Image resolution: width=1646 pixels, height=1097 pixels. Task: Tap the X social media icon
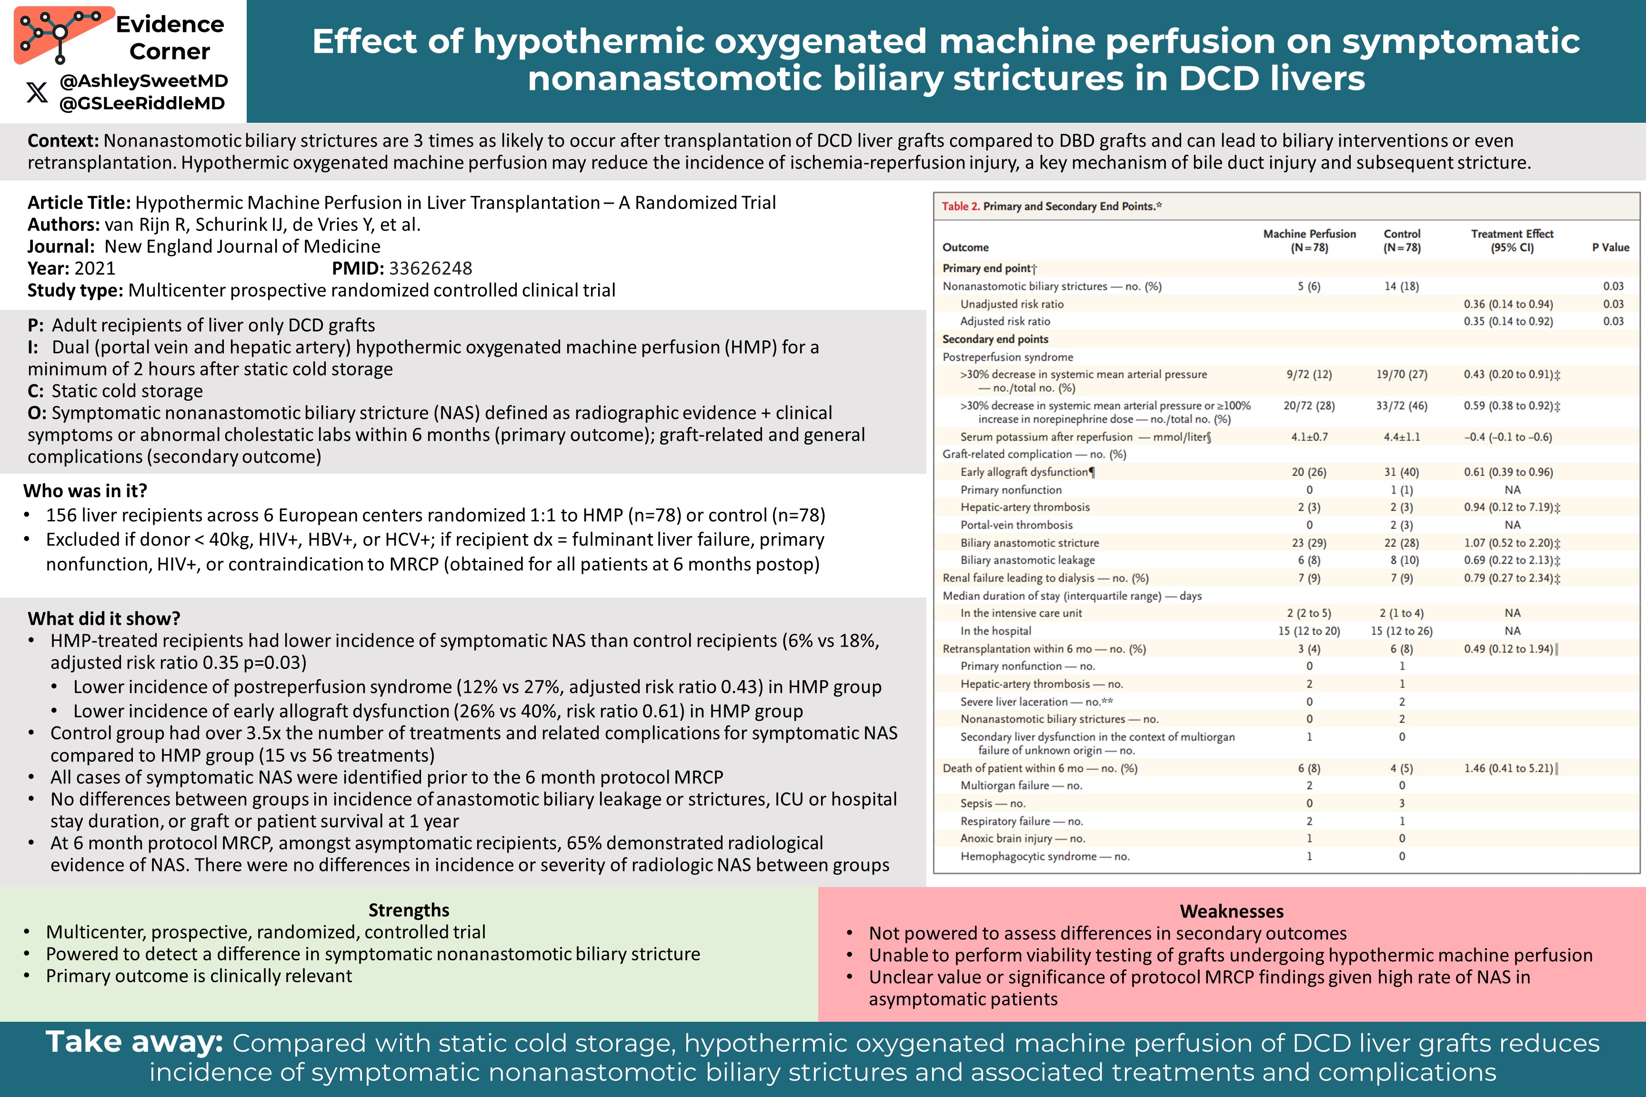(x=37, y=91)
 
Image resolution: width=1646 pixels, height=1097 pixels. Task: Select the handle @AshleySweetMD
(x=143, y=81)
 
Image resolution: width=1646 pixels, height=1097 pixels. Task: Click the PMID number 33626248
(x=431, y=268)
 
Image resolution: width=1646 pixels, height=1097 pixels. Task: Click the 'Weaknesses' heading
(x=1231, y=911)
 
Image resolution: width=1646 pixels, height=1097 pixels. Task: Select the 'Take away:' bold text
(x=134, y=1042)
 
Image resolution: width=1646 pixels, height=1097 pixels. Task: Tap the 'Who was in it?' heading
(x=85, y=490)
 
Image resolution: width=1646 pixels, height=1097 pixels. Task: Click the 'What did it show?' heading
(x=103, y=618)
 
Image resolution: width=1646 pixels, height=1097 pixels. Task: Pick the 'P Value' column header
(x=1610, y=247)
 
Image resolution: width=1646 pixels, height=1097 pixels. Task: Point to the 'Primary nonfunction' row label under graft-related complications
(x=1011, y=490)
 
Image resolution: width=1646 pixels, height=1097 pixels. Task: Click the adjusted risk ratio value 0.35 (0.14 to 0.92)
(x=1507, y=321)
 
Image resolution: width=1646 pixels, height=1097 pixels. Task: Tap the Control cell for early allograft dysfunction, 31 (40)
(x=1401, y=472)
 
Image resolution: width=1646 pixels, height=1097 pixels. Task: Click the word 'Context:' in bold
(x=63, y=140)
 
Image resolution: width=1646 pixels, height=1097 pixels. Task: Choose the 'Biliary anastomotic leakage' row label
(x=1027, y=560)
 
